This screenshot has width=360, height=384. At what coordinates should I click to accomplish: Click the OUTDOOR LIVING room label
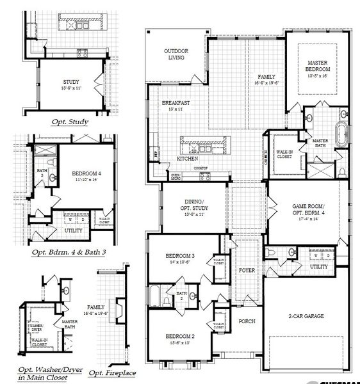174,54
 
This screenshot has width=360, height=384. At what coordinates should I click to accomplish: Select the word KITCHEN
186,158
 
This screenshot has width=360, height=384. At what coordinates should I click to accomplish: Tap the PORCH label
247,321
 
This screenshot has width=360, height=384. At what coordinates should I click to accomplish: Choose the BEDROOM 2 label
180,337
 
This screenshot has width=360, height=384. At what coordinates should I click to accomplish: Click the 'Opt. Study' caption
70,121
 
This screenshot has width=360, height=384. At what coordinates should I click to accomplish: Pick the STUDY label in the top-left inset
71,83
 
